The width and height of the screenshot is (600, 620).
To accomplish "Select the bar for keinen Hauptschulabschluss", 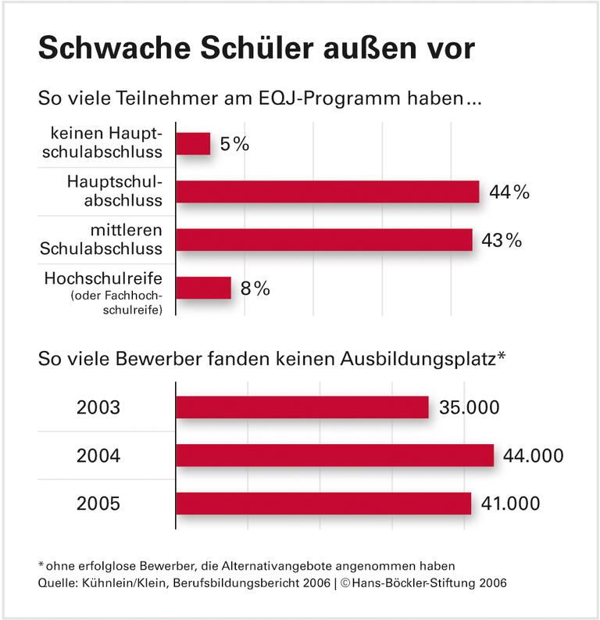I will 193,144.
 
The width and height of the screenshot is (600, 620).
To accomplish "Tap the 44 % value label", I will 509,192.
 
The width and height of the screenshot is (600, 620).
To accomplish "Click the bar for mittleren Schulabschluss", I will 324,239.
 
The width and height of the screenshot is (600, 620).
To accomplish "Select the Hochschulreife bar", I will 203,288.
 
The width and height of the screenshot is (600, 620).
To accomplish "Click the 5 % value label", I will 234,144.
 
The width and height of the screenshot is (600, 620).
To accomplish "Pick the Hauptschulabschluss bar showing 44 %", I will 327,192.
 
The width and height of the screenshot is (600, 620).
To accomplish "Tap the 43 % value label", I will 501,240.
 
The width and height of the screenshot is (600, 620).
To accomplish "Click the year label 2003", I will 98,408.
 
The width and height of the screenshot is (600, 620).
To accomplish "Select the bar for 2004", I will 334,455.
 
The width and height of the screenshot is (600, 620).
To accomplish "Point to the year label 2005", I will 98,504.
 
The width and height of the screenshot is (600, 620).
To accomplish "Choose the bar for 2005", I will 323,504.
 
